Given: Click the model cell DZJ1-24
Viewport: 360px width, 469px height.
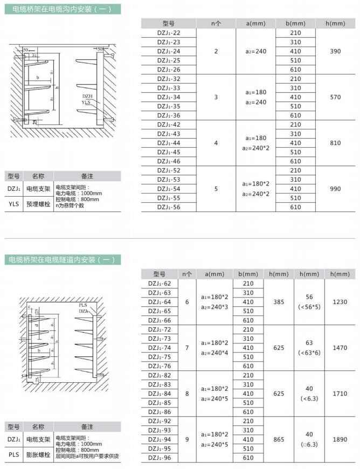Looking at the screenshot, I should [x=169, y=51].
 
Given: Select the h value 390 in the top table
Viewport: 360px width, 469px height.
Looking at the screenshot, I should [x=335, y=51].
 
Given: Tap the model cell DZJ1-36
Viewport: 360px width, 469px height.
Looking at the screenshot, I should [x=169, y=115].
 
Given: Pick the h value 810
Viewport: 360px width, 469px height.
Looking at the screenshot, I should [x=335, y=143].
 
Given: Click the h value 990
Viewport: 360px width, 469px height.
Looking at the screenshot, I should [x=335, y=189].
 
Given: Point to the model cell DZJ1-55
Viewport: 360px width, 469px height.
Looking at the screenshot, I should [x=169, y=198].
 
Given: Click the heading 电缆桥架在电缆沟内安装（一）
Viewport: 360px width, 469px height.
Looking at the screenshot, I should [x=63, y=9].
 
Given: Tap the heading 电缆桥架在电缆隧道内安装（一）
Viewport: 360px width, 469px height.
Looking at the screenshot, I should [x=63, y=260].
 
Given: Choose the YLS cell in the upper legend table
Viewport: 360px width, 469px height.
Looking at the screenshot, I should [x=14, y=204].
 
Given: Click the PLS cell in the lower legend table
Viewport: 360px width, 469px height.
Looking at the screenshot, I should [x=14, y=454].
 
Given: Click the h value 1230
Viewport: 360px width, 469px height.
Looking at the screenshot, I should [x=340, y=302].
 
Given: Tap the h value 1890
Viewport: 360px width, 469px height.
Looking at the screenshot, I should [x=340, y=439].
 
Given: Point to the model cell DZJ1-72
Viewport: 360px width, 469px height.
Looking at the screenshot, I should [x=159, y=329].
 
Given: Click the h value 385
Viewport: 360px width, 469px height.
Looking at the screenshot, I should [x=279, y=302].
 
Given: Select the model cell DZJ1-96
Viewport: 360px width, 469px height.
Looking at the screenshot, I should [x=159, y=458].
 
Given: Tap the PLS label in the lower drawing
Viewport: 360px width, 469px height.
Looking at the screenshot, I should [x=82, y=305].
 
